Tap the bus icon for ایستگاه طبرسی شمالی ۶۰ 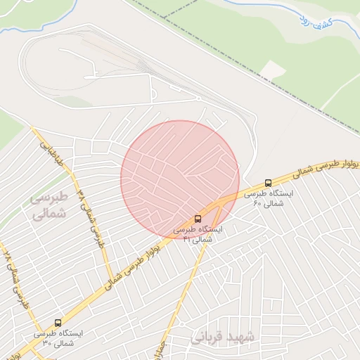point(268,183)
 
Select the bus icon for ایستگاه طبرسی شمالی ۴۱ point(198,219)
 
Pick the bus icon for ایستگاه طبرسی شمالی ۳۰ point(58,323)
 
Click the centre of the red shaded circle point(180,180)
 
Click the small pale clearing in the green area point(274,69)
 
